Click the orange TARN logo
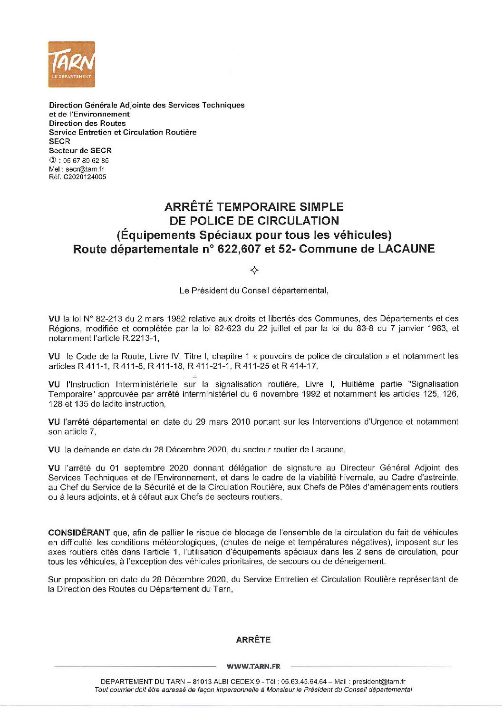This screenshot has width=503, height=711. pyautogui.click(x=71, y=64)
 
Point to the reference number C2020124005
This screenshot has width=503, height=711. pyautogui.click(x=83, y=177)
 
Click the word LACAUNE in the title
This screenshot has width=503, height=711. pyautogui.click(x=406, y=248)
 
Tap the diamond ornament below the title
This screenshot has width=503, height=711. pyautogui.click(x=254, y=270)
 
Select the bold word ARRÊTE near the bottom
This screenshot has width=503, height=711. pyautogui.click(x=253, y=640)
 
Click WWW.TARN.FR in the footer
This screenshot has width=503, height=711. pyautogui.click(x=253, y=666)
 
